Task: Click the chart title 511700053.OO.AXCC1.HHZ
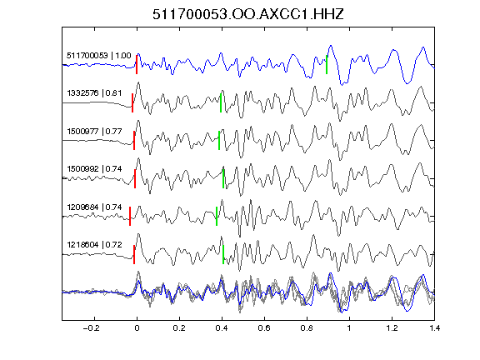(x=248, y=14)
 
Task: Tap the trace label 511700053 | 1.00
(x=98, y=55)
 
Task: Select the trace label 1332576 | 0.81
(x=94, y=92)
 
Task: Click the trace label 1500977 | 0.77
(x=94, y=132)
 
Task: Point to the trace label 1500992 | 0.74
(x=94, y=168)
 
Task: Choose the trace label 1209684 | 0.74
(x=94, y=207)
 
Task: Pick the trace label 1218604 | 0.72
(x=94, y=245)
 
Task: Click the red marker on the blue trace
(x=137, y=64)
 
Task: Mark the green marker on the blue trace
(x=327, y=64)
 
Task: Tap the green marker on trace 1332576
(x=221, y=102)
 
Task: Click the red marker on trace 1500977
(x=134, y=141)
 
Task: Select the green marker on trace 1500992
(x=223, y=178)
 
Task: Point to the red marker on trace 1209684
(x=130, y=216)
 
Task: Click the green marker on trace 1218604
(x=223, y=254)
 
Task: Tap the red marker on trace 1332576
(x=132, y=102)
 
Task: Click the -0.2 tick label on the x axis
(x=91, y=328)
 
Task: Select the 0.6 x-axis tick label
(x=264, y=328)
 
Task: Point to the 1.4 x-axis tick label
(x=434, y=328)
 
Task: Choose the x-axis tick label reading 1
(x=349, y=328)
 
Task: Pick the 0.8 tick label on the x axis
(x=307, y=328)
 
